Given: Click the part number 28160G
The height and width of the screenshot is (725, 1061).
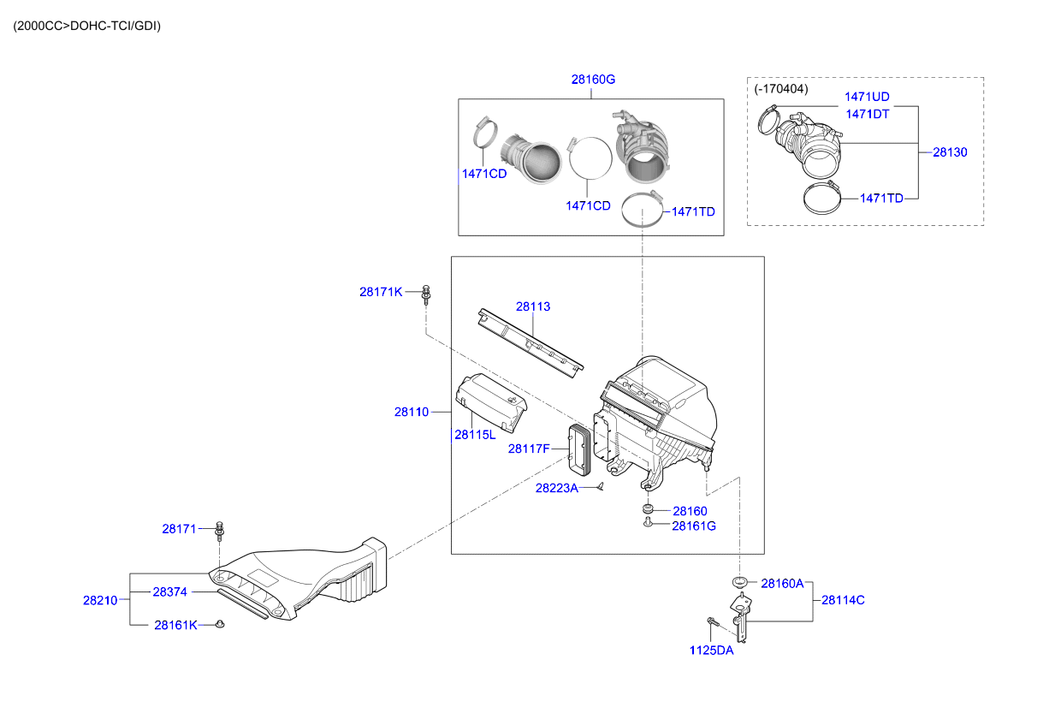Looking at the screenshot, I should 593,80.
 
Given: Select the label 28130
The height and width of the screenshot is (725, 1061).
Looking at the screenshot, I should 950,152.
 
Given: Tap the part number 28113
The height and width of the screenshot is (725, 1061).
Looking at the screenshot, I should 532,306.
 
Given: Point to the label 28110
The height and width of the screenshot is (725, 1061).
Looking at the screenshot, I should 412,412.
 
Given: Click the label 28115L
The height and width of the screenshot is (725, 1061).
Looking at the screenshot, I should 475,434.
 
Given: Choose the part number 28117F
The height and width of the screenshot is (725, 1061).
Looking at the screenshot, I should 529,448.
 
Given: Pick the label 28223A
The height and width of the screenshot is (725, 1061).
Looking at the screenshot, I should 557,488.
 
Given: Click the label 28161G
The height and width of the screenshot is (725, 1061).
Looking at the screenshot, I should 693,526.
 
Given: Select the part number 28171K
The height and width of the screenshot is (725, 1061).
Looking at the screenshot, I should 381,292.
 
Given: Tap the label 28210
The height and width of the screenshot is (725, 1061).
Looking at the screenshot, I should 100,600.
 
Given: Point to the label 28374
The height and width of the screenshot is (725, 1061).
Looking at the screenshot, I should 170,591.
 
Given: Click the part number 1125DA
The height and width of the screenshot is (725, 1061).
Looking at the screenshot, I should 711,650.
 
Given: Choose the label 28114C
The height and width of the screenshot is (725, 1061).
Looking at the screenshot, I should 843,600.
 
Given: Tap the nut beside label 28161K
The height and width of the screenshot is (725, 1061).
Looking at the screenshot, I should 219,625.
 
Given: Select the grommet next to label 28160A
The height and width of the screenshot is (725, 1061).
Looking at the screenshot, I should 740,583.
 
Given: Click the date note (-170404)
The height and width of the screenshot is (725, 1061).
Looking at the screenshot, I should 780,88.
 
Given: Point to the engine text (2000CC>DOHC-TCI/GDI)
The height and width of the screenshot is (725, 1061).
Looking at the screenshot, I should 86,26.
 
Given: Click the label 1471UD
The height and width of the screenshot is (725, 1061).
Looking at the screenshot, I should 867,97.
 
